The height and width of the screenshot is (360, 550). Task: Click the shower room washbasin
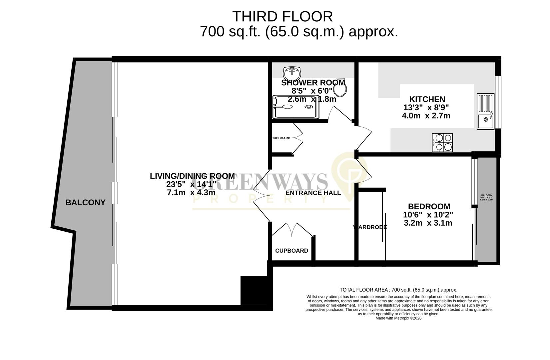tap(292, 72)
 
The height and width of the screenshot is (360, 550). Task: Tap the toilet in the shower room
tap(340, 89)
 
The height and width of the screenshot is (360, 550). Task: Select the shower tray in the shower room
tap(296, 107)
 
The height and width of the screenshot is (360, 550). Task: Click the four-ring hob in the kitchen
tap(442, 142)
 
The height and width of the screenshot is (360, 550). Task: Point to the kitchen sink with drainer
tap(485, 111)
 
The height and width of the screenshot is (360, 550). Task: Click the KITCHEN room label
tap(427, 99)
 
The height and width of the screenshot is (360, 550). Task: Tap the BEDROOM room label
tap(429, 207)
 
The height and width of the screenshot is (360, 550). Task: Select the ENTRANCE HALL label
tap(313, 193)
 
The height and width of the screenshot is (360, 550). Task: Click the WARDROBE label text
tap(370, 227)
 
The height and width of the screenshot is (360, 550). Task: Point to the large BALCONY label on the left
tap(85, 202)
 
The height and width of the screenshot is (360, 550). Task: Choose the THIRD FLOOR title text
tap(282, 16)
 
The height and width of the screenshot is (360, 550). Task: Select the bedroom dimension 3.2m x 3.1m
tap(428, 223)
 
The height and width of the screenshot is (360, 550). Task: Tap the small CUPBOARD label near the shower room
tap(281, 138)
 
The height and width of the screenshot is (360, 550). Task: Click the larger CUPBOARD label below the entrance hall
tap(291, 251)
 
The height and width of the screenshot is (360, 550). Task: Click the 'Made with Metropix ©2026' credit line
tap(398, 318)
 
